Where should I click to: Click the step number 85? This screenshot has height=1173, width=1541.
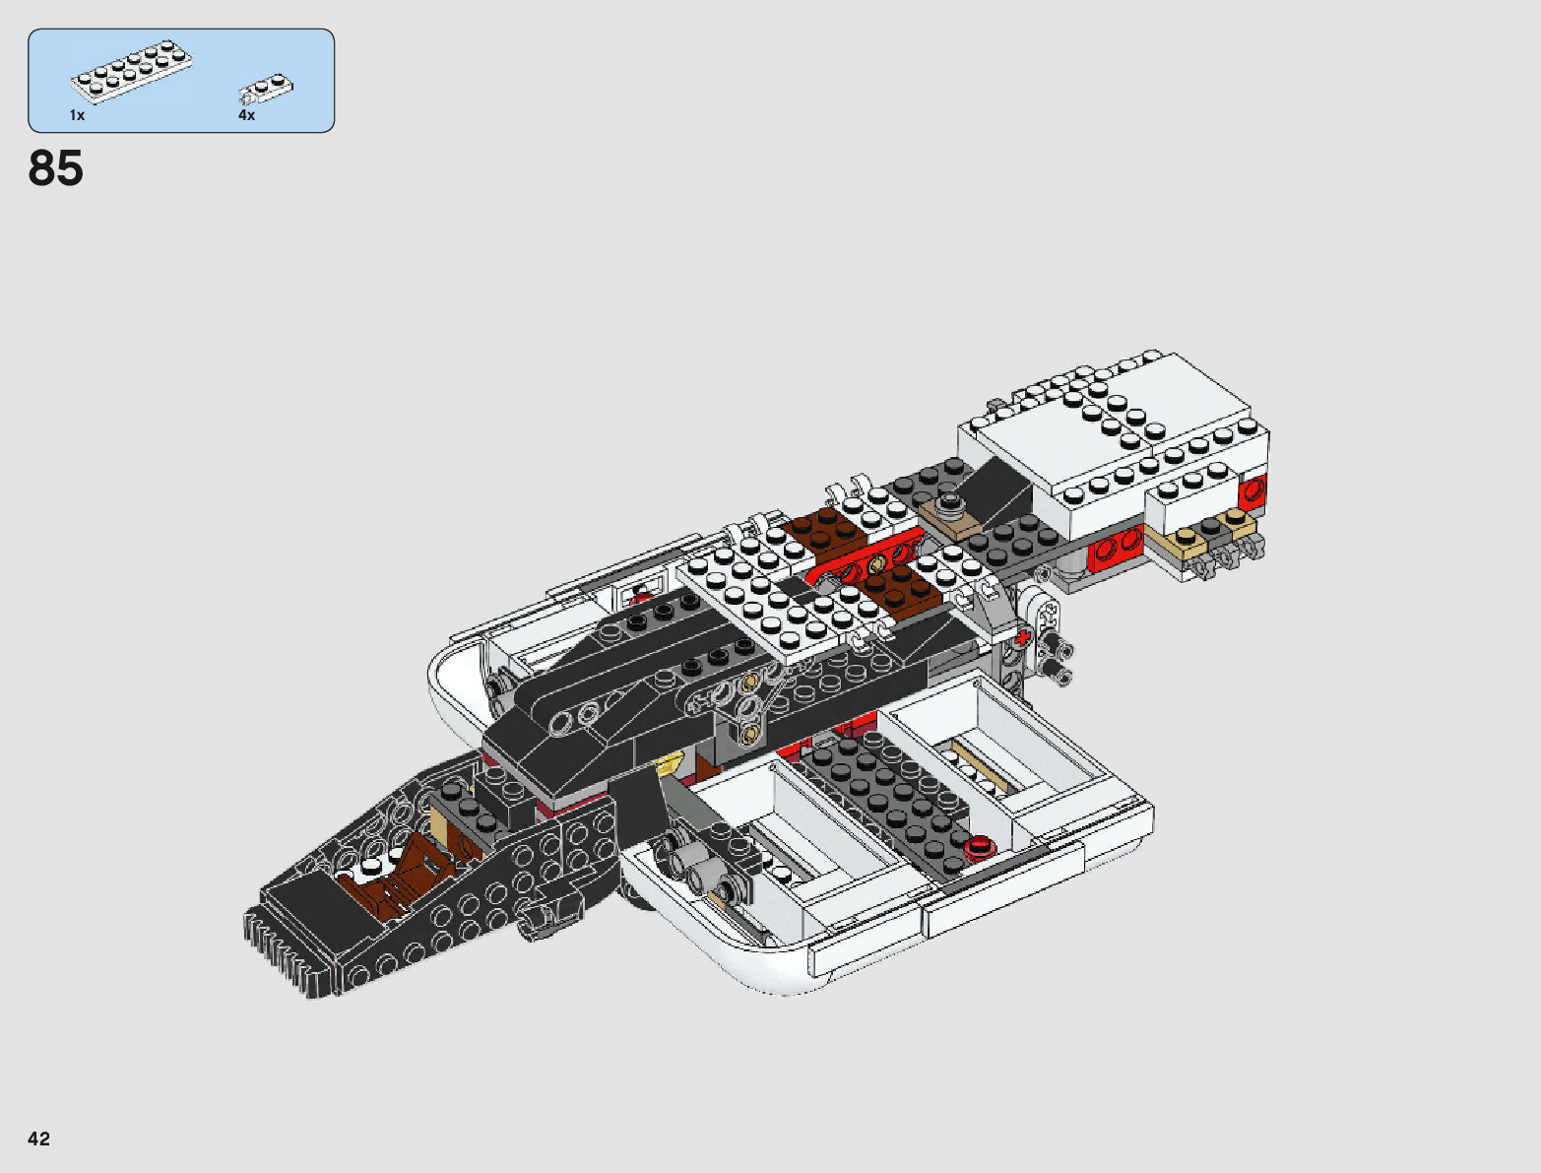pos(56,168)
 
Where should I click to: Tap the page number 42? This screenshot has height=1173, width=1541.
pos(38,1139)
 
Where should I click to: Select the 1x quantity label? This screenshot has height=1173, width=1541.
pos(77,115)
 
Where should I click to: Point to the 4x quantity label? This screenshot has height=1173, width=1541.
pos(246,115)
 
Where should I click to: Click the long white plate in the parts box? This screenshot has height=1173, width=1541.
pos(131,71)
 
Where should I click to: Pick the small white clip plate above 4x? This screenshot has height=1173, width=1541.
pos(266,91)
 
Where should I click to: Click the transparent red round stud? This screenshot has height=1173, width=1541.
pos(979,846)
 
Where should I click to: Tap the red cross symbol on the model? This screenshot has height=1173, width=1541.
pos(1023,638)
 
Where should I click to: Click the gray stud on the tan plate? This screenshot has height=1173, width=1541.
pos(950,503)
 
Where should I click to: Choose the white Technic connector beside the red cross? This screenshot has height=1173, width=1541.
pos(1045,616)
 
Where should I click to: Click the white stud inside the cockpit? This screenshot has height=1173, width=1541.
pos(370,868)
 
